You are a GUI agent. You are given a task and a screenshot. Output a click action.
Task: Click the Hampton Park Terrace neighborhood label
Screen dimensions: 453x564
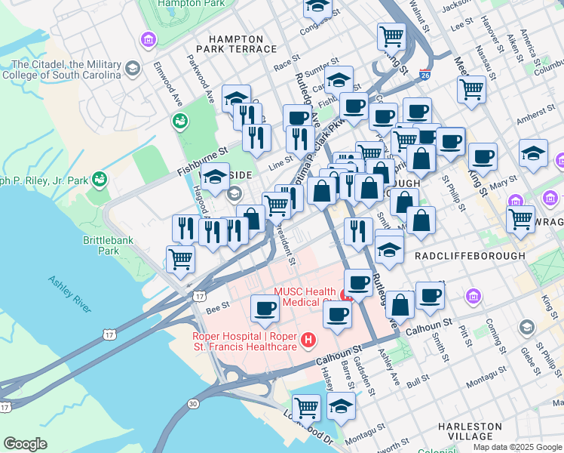[235, 44]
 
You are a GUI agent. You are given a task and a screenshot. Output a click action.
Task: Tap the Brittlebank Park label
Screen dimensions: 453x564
[101, 245]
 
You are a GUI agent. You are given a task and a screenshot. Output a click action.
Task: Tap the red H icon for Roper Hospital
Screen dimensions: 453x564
[308, 341]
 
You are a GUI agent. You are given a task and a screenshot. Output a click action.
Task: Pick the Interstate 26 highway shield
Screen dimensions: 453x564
[426, 75]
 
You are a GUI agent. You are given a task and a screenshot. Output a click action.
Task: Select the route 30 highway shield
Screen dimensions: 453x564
[194, 404]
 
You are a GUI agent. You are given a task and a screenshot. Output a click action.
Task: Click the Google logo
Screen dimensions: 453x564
[25, 444]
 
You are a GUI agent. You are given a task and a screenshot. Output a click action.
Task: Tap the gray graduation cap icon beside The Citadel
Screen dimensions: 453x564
[133, 69]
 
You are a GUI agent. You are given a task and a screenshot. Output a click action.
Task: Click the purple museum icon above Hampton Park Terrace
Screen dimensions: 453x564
[149, 39]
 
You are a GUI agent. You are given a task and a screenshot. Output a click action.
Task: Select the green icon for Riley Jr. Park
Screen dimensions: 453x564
[100, 180]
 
